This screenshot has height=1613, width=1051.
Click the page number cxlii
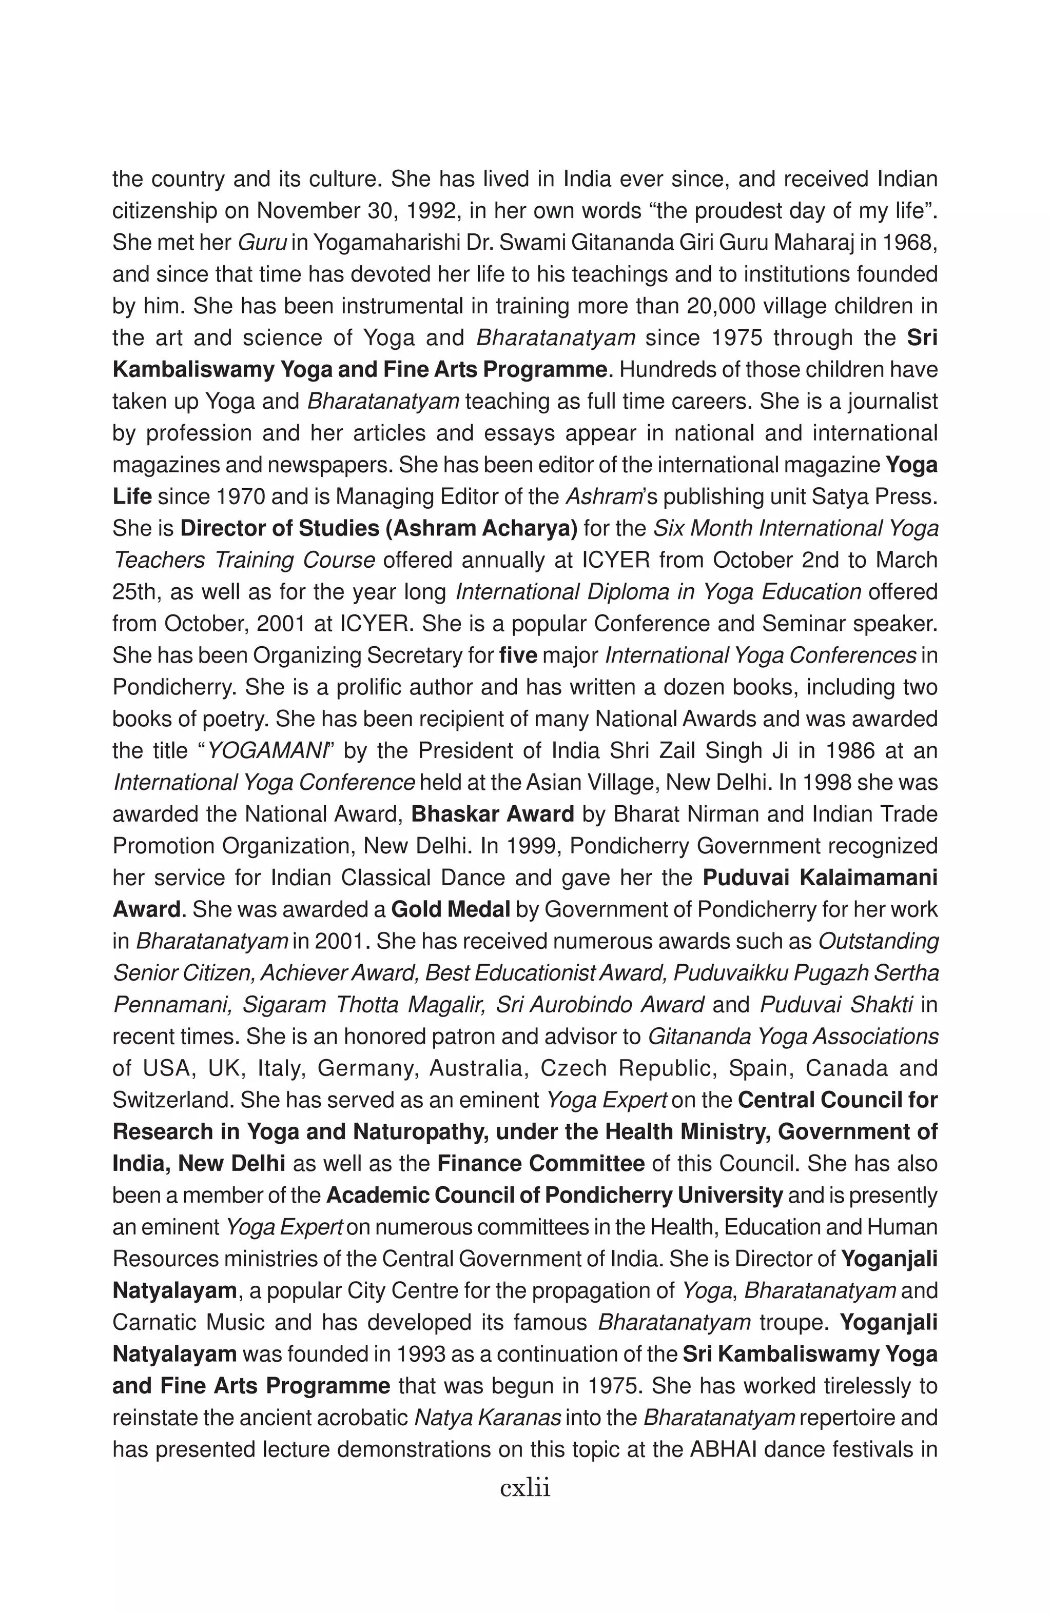(x=525, y=1489)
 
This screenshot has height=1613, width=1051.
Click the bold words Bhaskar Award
(x=492, y=814)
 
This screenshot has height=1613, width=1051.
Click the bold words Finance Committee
(x=540, y=1164)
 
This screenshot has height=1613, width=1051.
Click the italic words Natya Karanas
(x=487, y=1418)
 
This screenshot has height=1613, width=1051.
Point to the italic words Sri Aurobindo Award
(x=599, y=1004)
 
